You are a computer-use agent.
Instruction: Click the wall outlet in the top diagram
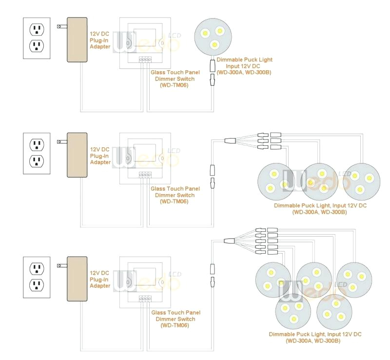pos(37,38)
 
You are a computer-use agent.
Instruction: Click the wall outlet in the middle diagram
pos(37,153)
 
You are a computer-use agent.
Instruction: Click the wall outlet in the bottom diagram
pos(37,277)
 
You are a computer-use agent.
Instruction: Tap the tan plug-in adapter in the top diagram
pos(77,40)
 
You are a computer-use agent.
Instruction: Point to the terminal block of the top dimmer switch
pos(145,60)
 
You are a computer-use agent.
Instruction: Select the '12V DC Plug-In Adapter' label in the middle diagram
pos(100,156)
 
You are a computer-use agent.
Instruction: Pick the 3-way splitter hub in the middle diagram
pos(230,140)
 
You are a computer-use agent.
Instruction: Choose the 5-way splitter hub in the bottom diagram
pos(230,240)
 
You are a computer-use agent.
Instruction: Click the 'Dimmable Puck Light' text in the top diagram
pos(244,60)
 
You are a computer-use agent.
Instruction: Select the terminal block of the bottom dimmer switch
pos(145,298)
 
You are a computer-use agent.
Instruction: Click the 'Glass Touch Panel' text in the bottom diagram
pos(175,313)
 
